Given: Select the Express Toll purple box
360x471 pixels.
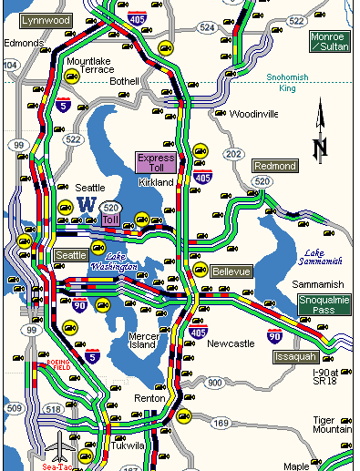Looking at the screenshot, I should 156,163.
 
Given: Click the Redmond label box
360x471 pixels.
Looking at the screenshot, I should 274,166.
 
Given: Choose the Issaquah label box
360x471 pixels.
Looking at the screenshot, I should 295,356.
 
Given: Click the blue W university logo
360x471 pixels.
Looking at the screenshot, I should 88,203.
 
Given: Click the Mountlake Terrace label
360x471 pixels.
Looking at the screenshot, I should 90,65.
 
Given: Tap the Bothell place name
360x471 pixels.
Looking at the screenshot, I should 124,81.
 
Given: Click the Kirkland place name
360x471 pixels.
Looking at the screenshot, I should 156,182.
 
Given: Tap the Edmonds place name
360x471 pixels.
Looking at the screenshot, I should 24,42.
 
